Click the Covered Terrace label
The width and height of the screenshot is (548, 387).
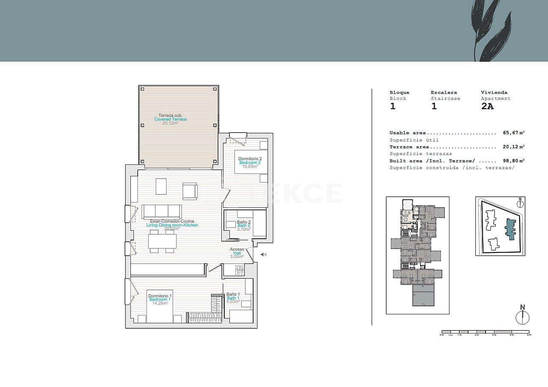(170, 119)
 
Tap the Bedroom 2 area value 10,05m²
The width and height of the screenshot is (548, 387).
(250, 167)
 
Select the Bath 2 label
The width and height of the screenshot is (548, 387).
(244, 226)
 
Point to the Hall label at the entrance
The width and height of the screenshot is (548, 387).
(237, 253)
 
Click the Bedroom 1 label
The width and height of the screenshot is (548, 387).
(159, 299)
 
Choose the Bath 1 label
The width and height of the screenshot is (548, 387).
(233, 298)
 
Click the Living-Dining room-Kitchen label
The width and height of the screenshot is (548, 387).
(172, 225)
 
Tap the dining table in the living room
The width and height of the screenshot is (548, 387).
(162, 241)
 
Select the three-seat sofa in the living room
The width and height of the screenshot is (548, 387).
(162, 211)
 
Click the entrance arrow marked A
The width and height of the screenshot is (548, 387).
(263, 254)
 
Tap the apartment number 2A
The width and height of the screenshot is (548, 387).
(487, 107)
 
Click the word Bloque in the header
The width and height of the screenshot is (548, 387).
(399, 92)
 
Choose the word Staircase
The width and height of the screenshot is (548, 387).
(445, 99)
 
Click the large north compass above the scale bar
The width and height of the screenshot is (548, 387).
(523, 317)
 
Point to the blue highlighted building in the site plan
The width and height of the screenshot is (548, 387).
(510, 229)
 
